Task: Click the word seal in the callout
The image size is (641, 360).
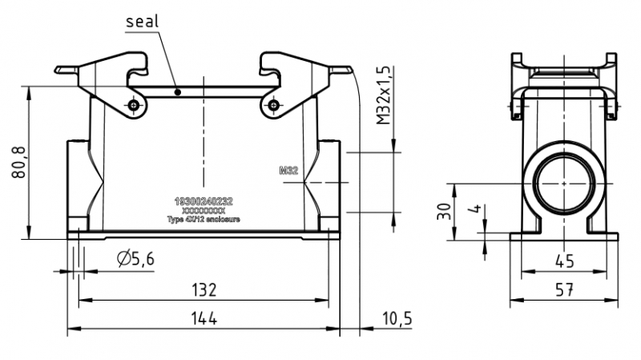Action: coord(143,22)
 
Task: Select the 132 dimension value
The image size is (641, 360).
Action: coord(205,289)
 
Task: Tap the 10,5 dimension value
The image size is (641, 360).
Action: coord(396,318)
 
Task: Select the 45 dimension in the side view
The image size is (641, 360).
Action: coord(565,261)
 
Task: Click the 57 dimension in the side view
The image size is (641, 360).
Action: coord(565,290)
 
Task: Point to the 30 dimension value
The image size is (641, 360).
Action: coord(443,210)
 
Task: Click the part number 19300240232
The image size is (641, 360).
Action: coord(204,201)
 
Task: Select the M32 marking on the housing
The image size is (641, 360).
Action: coord(288,171)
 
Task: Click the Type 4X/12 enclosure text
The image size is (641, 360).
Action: coord(204,219)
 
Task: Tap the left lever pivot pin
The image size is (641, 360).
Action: coord(134,105)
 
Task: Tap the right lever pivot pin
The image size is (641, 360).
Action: coord(274,105)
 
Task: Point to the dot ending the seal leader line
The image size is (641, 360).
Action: coord(178,92)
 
